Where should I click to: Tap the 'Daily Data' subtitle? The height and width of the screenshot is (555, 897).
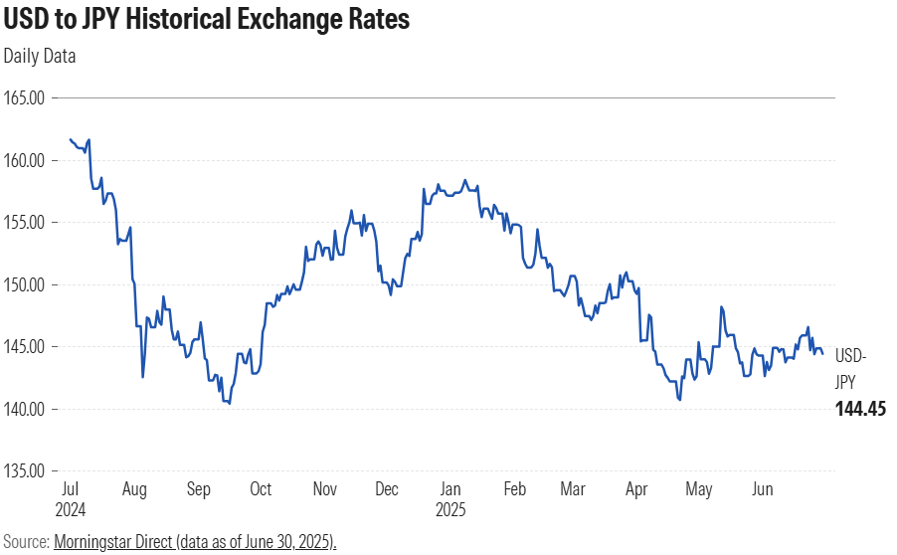coord(40,56)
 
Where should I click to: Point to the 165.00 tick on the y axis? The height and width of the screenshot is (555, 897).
coord(26,98)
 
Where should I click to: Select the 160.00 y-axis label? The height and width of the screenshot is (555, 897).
coord(26,160)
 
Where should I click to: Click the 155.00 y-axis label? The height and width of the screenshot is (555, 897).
coord(26,223)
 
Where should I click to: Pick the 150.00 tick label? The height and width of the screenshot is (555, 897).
coord(26,284)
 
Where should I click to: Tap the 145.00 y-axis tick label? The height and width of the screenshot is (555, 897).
coord(26,347)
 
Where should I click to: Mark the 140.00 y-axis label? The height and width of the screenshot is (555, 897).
coord(26,409)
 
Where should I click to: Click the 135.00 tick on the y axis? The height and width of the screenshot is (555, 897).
coord(26,471)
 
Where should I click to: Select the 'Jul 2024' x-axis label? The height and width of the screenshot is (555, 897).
coord(71,498)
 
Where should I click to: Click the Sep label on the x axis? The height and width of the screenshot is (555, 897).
coord(198,490)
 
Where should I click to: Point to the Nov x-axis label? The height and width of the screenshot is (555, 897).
coord(325,490)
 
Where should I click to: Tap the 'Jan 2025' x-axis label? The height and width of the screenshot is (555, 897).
coord(451,498)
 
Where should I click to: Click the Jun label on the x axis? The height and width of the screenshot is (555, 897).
coord(764,490)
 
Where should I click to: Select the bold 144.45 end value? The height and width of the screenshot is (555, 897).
coord(860,409)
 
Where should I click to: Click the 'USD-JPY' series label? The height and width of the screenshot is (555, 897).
coord(850,368)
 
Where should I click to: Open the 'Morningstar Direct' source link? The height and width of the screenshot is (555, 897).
coord(195,542)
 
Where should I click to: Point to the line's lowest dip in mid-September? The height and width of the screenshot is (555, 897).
coord(230,403)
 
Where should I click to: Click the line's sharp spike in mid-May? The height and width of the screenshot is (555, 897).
coord(722,307)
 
